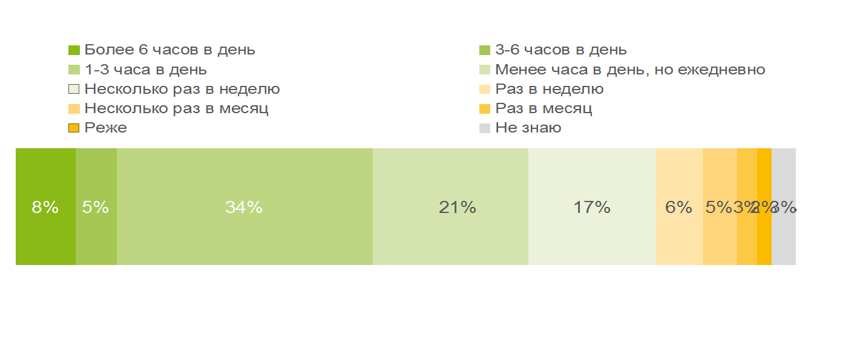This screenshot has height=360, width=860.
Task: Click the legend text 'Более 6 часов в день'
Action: click(169, 50)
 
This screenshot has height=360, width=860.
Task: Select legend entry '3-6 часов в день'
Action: click(560, 50)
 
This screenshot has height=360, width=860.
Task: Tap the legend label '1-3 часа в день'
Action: click(145, 70)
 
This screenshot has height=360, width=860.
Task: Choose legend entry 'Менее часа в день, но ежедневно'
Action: click(630, 70)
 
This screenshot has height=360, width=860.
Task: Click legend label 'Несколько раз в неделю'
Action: click(182, 89)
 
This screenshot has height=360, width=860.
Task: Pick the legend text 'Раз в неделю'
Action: click(549, 89)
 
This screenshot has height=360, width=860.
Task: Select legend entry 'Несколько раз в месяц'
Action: click(176, 109)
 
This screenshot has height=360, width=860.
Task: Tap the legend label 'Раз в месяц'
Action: click(543, 109)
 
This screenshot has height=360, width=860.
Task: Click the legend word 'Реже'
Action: click(105, 128)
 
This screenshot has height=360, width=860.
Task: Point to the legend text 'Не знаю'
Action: click(528, 128)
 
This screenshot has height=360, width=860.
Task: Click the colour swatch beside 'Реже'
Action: click(74, 128)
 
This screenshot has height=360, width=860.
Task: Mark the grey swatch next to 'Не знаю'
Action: click(484, 128)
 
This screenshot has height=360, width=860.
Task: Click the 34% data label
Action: click(244, 208)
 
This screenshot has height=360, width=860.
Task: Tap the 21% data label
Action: click(457, 208)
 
